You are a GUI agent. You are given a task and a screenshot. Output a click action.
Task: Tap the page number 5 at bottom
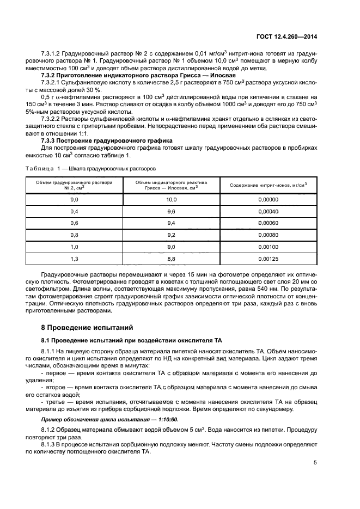point(315,463)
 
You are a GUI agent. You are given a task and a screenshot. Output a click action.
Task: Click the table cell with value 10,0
point(172,200)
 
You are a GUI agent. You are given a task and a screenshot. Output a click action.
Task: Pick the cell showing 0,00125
point(268,259)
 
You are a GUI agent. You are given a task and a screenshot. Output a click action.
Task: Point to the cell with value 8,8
point(172,259)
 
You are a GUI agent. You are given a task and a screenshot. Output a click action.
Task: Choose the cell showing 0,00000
point(268,200)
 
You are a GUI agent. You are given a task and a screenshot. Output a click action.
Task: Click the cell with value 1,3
point(75,259)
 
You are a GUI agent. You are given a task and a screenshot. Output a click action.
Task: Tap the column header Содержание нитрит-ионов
point(268,185)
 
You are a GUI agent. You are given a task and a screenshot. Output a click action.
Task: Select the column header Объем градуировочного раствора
point(75,185)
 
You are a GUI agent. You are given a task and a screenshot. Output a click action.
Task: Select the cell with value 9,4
point(172,223)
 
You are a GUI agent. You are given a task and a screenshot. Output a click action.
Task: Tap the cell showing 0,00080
point(268,235)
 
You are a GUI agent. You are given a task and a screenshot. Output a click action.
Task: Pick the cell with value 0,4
point(75,211)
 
